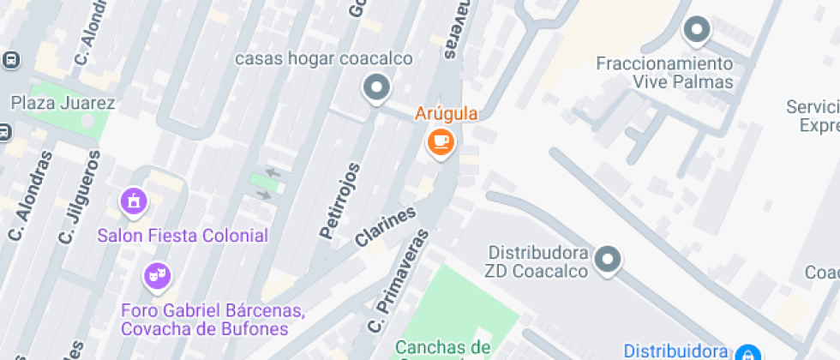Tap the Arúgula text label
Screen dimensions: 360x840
coord(446,113)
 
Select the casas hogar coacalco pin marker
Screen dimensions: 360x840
coord(375,87)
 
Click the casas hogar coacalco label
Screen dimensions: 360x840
coord(323,59)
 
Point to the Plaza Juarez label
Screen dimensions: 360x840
coord(63,104)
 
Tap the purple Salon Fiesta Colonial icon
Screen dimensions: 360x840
coord(134,202)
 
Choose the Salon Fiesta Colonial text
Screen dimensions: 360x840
coord(183,235)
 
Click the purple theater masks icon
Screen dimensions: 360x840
coord(157,276)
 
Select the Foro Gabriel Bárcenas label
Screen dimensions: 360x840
coord(213,310)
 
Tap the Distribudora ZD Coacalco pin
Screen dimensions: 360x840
coord(608,259)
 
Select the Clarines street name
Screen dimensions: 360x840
coord(386,227)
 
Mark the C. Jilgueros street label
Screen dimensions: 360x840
coord(80,196)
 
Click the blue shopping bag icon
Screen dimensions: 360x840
coord(747,351)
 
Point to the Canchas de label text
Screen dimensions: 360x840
coord(442,347)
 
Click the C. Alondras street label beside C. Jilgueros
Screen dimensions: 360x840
coord(29,196)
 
